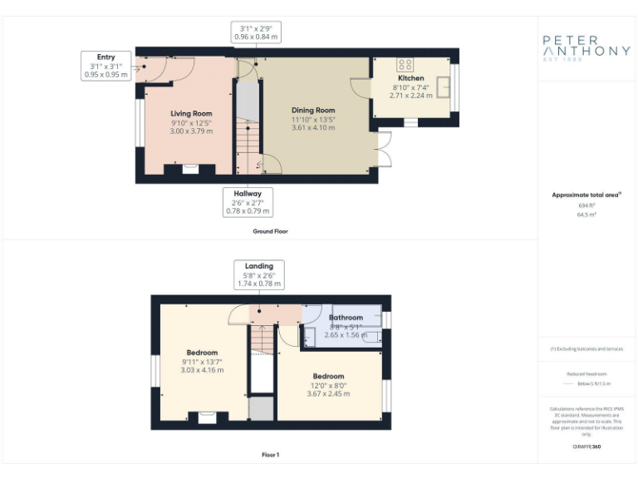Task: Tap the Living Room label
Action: (191, 114)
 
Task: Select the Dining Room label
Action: (313, 111)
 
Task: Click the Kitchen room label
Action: (410, 78)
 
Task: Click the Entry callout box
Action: (106, 66)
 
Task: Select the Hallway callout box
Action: (247, 201)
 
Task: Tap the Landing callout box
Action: (258, 274)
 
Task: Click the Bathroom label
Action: (346, 318)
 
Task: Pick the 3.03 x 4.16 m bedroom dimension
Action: (201, 371)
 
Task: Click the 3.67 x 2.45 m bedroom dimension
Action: (329, 393)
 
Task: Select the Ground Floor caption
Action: (270, 231)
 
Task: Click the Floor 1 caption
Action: (270, 455)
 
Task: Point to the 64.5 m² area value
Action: (586, 214)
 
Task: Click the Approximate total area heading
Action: (586, 195)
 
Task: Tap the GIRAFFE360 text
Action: (586, 447)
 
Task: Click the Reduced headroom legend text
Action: (586, 374)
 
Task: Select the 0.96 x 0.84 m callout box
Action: (255, 32)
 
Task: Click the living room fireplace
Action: (190, 169)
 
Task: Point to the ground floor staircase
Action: (248, 133)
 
